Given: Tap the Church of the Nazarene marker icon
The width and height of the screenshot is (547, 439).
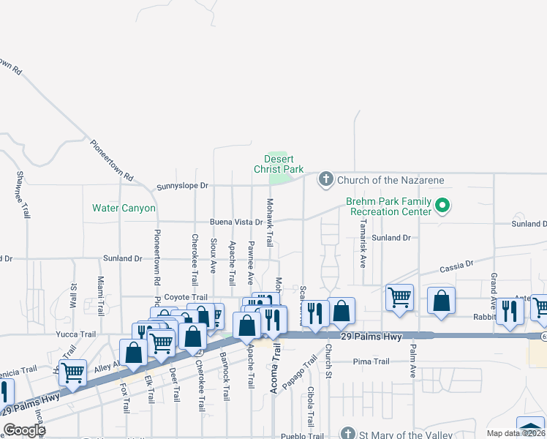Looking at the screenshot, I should (x=325, y=179).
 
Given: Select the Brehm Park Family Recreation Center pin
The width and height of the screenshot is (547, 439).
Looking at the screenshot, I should (x=442, y=206).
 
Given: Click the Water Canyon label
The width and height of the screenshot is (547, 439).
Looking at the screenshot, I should (x=124, y=209).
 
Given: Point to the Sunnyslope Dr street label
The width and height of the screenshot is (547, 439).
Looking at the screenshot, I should (x=183, y=187).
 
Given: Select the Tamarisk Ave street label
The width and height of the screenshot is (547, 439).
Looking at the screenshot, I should (x=363, y=243).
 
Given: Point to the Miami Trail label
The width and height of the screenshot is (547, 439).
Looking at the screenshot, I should (x=101, y=292).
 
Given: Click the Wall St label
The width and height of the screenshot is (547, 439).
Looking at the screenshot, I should (x=74, y=295).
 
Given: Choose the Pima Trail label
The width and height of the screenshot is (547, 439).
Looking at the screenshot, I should (x=371, y=361).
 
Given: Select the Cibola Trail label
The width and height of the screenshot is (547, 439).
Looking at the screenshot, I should (x=312, y=408).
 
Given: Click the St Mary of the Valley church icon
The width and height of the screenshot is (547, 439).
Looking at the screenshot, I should (x=349, y=434).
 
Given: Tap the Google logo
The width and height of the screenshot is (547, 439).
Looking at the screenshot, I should (x=24, y=430).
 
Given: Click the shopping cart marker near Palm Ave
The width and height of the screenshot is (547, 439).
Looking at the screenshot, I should (x=399, y=298).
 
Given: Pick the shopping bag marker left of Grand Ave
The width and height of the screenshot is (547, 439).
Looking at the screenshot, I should (x=442, y=301).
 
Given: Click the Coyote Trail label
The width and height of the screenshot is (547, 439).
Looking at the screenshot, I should (x=186, y=297).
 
